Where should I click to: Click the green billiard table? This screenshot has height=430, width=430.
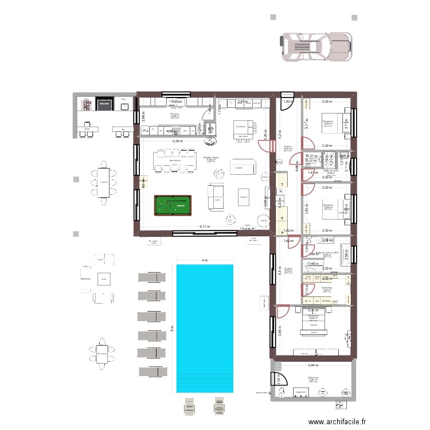pos(173,204)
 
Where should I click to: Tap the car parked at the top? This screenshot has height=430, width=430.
pos(315,45)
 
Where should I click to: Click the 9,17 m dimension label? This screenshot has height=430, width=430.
pos(205,227)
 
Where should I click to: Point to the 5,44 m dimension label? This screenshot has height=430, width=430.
pos(312,365)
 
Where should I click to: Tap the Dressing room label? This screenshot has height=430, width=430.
pos(327,288)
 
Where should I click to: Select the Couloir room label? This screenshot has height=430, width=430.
pos(288,268)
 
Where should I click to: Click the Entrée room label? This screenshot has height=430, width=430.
pos(288,147)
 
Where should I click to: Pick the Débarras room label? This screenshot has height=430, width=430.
pos(312,377)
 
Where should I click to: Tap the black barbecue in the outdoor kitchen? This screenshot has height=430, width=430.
pos(104,104)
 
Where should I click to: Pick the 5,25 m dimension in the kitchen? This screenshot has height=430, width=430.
pos(174,102)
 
